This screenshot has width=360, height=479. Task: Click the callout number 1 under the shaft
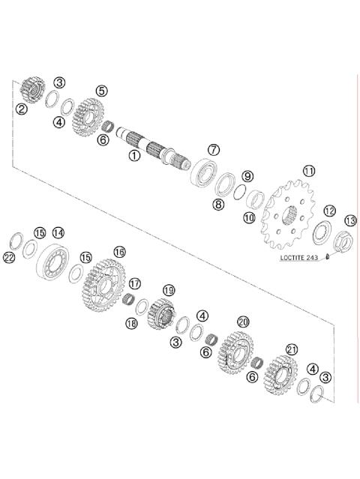pos(134,156)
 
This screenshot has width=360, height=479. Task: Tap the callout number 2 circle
pos(22,109)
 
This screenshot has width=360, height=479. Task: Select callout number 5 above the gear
pos(101,91)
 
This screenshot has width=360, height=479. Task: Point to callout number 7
pos(214,150)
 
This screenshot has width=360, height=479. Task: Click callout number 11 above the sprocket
pos(308,171)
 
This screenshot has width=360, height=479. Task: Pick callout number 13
pos(349,220)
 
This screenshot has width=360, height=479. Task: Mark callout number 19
pos(169,289)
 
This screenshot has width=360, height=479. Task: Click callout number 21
pos(292,349)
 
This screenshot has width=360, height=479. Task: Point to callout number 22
pos(9,258)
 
